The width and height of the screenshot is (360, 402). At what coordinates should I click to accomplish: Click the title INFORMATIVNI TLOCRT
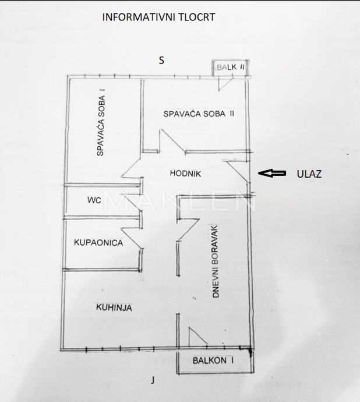point(158,17)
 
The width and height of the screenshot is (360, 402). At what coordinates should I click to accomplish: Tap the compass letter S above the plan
point(162,59)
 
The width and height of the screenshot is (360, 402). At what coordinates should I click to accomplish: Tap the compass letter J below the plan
point(153,380)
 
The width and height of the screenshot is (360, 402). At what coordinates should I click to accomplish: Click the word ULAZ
point(309,174)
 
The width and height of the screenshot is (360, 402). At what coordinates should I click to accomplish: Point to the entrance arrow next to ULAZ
point(272,173)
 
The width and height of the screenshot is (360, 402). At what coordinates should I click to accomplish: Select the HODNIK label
point(185,173)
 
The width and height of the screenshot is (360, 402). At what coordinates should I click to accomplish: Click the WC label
point(94,200)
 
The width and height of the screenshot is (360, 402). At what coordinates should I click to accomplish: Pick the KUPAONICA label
point(98,242)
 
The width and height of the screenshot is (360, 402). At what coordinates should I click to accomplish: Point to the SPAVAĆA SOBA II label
point(199,114)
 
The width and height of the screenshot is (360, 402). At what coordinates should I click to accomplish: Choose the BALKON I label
point(213,361)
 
